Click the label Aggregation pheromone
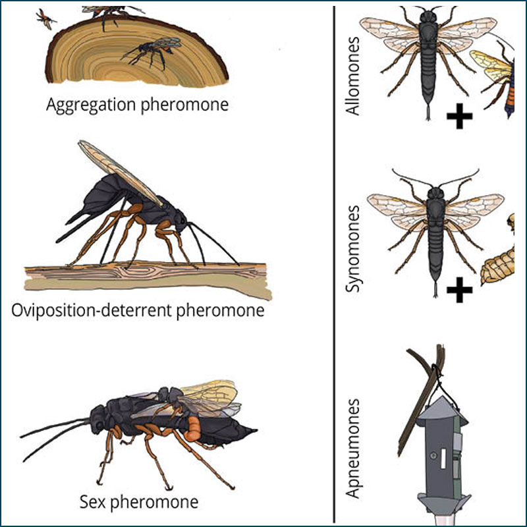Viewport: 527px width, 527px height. click(x=138, y=105)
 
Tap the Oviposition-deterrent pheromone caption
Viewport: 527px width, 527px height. click(x=138, y=309)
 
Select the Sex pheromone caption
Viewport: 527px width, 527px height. click(x=148, y=502)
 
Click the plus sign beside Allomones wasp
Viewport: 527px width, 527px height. click(x=459, y=118)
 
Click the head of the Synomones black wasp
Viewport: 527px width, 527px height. click(x=435, y=194)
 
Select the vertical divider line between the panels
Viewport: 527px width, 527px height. click(x=335, y=263)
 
